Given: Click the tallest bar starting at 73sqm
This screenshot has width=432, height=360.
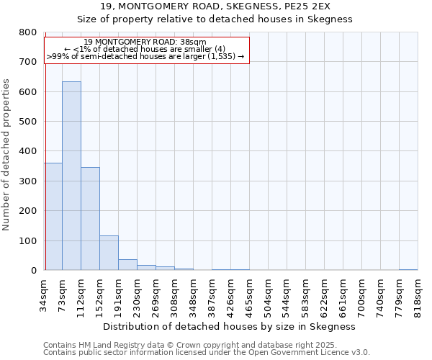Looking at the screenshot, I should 71,176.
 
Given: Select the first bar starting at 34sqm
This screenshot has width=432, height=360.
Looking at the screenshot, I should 53,216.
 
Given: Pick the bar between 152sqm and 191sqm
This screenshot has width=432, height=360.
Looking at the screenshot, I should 109,253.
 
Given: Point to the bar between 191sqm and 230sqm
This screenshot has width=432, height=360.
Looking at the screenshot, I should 127,264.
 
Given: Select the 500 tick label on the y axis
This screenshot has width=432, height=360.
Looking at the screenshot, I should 27,122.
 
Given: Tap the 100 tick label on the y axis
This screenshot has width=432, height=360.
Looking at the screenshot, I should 27,240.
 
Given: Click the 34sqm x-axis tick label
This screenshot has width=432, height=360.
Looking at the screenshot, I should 44,294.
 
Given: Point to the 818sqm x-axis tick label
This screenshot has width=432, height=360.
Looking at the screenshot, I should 418,294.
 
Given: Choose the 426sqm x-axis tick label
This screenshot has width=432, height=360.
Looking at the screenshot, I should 230,294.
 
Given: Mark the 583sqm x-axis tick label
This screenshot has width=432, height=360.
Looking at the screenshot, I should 305,294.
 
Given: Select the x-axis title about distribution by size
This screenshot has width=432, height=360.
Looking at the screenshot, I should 230,326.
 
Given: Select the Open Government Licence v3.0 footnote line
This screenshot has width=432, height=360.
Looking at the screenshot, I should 207,352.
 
